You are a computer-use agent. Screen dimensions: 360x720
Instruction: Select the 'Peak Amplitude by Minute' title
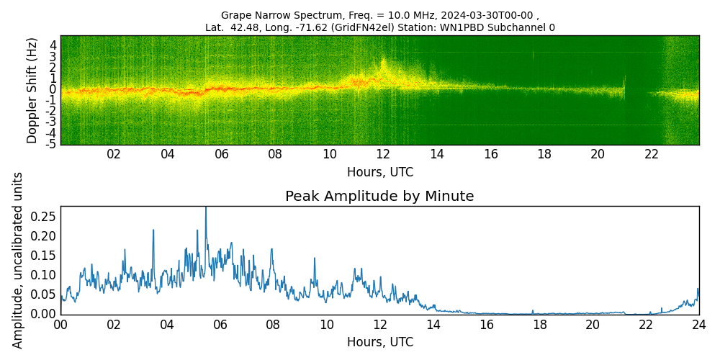coord(379,196)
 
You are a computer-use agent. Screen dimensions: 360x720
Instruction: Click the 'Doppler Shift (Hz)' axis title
coord(32,90)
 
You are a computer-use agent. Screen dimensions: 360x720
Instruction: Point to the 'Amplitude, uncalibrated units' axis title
coord(18,260)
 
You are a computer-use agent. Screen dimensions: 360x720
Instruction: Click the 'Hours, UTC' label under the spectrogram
coord(379,172)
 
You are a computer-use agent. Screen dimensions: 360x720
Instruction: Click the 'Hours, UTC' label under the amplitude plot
coord(379,342)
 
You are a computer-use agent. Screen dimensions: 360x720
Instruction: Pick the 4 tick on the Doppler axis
coord(53,45)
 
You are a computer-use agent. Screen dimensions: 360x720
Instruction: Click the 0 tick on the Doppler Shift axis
coord(53,89)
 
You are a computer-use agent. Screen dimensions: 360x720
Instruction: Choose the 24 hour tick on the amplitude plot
coord(698,324)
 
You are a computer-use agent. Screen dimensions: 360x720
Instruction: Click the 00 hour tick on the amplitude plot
coord(60,324)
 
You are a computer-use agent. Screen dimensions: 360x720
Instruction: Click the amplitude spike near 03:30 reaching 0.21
coord(153,230)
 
